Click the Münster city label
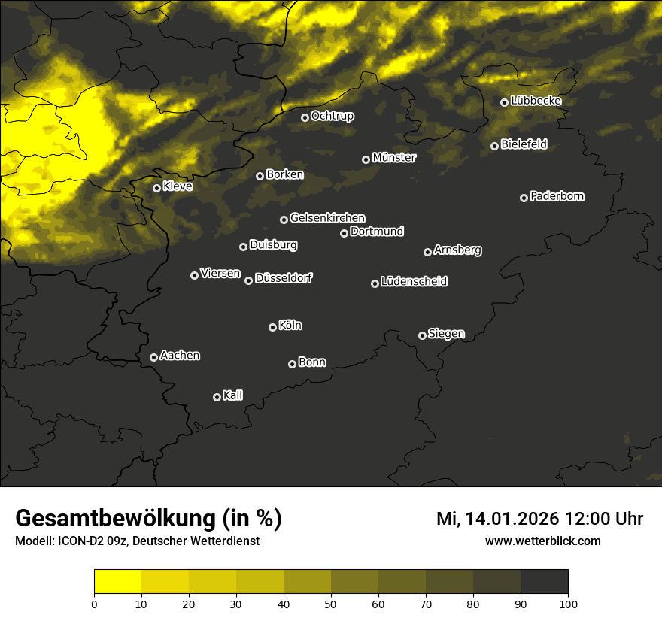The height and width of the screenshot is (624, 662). (x=394, y=158)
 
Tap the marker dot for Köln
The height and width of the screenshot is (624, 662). (x=272, y=327)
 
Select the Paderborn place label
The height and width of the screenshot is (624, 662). (x=557, y=196)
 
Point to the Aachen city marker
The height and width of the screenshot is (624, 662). (x=153, y=357)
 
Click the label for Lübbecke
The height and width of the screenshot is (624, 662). (x=536, y=101)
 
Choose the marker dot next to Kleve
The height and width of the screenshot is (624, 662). (x=156, y=188)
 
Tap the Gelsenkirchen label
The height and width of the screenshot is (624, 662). (x=327, y=218)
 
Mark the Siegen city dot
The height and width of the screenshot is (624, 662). (x=422, y=335)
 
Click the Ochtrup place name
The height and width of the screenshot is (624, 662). (x=333, y=116)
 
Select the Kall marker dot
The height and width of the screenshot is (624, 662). (x=217, y=397)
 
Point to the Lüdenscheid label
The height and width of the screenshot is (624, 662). (x=415, y=282)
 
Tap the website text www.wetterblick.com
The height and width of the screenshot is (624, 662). (x=542, y=541)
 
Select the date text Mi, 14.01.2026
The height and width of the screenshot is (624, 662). (x=496, y=519)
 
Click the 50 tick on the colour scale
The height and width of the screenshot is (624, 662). (x=331, y=603)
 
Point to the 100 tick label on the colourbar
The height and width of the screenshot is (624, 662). (x=568, y=603)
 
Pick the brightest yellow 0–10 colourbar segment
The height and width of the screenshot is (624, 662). (x=117, y=581)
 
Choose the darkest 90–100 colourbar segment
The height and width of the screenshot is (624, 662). (x=544, y=581)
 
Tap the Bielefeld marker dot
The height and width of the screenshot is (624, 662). (x=494, y=146)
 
